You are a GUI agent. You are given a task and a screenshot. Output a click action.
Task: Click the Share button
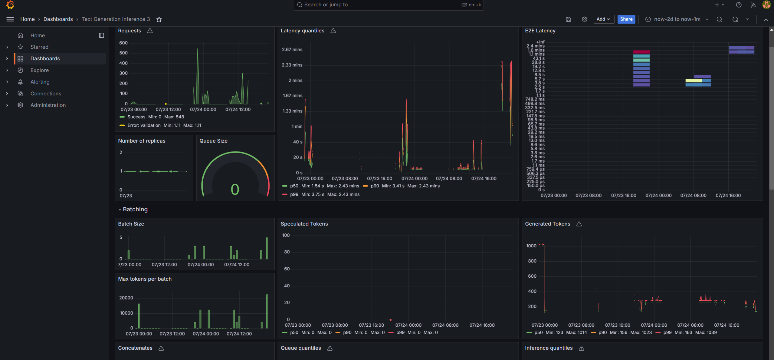(x=626, y=19)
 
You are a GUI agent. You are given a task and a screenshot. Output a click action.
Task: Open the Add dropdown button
(x=603, y=19)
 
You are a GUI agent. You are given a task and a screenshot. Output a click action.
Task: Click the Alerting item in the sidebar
(x=40, y=82)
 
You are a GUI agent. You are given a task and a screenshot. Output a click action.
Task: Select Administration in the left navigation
(x=48, y=105)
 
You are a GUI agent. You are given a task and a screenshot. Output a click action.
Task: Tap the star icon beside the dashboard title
(x=159, y=19)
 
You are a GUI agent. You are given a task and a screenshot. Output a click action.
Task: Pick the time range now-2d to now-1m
(x=677, y=19)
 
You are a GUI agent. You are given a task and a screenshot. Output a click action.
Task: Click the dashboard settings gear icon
(x=584, y=19)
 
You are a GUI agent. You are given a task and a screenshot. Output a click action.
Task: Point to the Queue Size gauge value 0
(x=235, y=190)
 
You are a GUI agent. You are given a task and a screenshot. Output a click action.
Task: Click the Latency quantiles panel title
(x=302, y=31)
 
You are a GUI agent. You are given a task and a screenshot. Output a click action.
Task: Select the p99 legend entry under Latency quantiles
(x=294, y=194)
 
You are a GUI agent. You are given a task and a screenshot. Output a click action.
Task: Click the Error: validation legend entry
(x=144, y=125)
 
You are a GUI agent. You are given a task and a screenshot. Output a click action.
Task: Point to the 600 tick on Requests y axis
(x=123, y=43)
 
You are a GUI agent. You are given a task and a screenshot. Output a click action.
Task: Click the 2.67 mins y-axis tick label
(x=292, y=50)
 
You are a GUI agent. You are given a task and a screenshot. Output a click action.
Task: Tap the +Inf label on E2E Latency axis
(x=540, y=42)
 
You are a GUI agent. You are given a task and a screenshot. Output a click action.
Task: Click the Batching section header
(x=135, y=209)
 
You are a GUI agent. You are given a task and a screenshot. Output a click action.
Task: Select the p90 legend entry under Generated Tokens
(x=602, y=332)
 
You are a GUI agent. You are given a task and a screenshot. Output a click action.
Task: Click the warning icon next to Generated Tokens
(x=579, y=224)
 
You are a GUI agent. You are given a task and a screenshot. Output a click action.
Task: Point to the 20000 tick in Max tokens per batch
(x=126, y=298)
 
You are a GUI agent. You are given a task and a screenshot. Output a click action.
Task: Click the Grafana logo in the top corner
(x=10, y=5)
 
